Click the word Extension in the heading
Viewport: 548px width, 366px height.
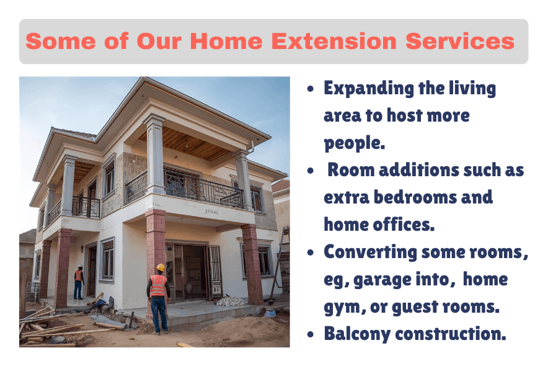pos(334,41)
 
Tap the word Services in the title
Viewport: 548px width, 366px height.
pos(460,41)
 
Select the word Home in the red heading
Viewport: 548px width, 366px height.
pos(226,41)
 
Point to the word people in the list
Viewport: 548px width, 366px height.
pos(354,143)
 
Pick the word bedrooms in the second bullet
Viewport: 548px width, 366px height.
pos(415,197)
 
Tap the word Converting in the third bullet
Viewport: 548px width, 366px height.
pos(370,252)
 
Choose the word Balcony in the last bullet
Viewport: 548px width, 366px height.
pos(357,334)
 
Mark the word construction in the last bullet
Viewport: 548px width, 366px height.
pos(451,334)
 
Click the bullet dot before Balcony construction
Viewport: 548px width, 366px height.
pos(311,334)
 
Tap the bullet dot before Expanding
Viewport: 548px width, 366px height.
pos(311,89)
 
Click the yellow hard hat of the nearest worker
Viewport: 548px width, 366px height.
pos(160,267)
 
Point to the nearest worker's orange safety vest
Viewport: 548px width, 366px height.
pos(158,285)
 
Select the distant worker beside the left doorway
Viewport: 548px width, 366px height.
pos(79,282)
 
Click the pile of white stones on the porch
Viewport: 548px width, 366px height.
pos(231,301)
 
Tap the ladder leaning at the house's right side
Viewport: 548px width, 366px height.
pos(280,264)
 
